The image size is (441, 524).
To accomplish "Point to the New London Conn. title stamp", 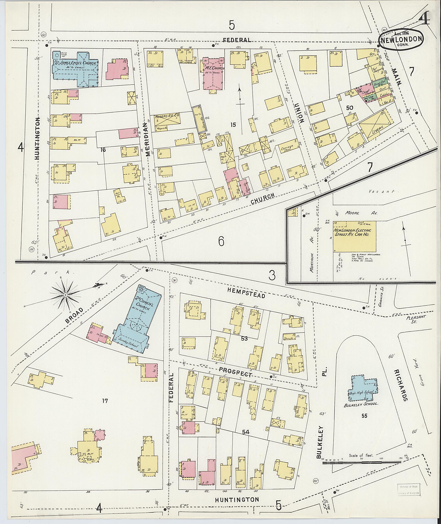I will (402, 40).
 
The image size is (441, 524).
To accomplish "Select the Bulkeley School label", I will (364, 404).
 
